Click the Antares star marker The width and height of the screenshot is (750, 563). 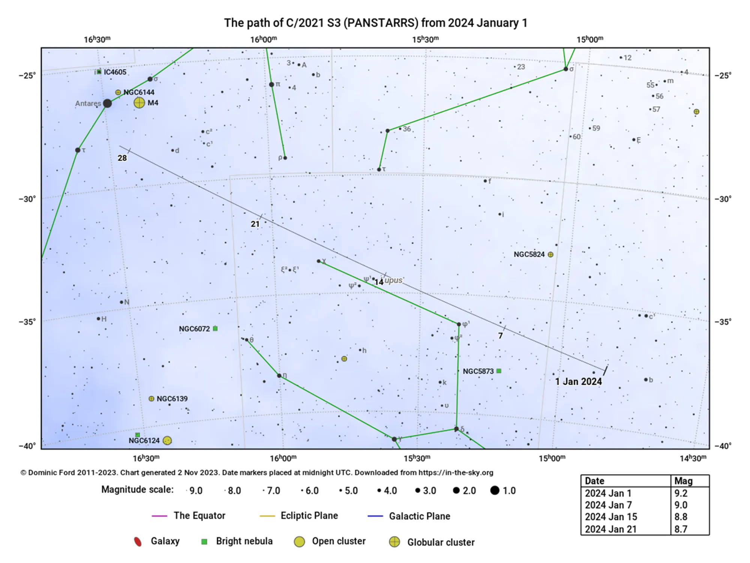[x=107, y=103]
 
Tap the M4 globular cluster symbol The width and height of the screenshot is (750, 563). [x=139, y=103]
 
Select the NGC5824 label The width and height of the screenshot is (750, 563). [x=529, y=254]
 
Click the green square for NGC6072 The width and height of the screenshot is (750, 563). [x=215, y=328]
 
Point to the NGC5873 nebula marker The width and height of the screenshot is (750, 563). [x=499, y=371]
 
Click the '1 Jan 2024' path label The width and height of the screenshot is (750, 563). [x=578, y=382]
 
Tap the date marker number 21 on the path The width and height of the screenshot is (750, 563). [x=255, y=224]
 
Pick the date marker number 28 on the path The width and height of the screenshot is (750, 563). [x=122, y=158]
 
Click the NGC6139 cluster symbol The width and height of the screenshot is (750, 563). [x=151, y=399]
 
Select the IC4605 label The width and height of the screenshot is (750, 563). [x=115, y=72]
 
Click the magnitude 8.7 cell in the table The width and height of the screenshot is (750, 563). [x=681, y=529]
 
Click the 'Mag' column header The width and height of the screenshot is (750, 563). [x=683, y=481]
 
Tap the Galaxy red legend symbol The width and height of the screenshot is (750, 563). [x=138, y=542]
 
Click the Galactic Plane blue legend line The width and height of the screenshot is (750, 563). [x=375, y=516]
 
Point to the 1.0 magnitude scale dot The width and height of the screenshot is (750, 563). [x=495, y=490]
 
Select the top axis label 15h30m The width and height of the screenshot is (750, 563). [x=425, y=39]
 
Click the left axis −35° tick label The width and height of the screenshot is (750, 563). [x=27, y=322]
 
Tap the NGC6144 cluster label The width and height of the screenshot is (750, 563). [x=139, y=92]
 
